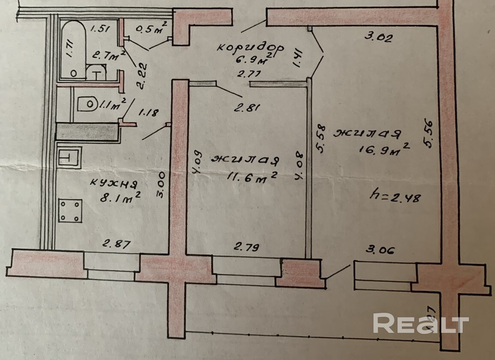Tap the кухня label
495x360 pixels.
click(113, 184)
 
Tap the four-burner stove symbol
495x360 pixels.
click(70, 211)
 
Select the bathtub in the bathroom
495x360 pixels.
click(74, 49)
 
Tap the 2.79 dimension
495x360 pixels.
click(247, 247)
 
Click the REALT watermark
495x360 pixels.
click(421, 324)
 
